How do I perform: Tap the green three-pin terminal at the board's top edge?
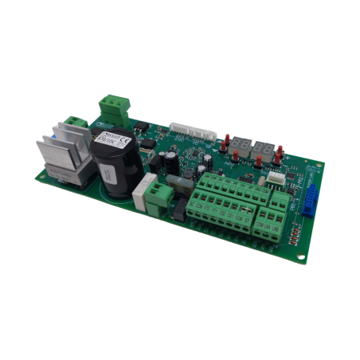(x=112, y=107)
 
